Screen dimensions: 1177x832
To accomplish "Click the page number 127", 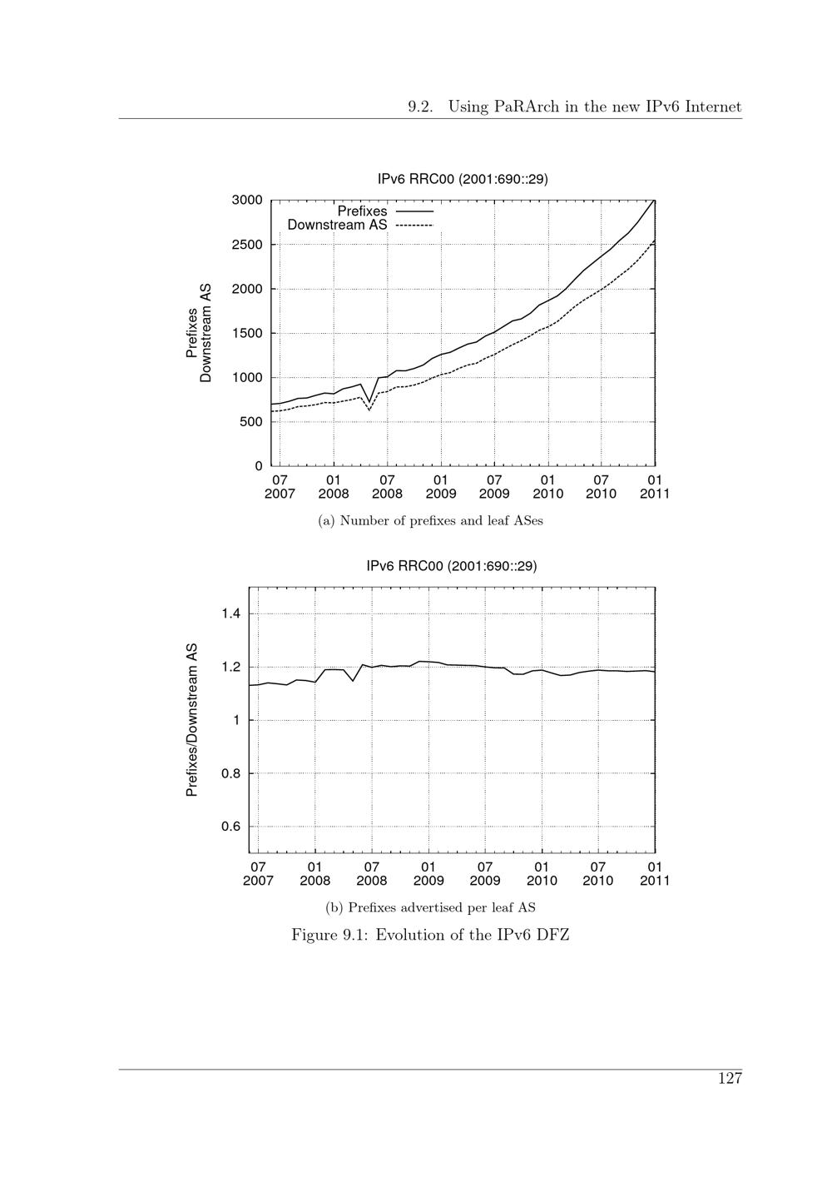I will tap(730, 1079).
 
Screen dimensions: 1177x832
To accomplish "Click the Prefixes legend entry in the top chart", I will tap(362, 211).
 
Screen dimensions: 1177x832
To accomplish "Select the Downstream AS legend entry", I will tap(337, 225).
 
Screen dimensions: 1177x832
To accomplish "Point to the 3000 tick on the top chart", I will tap(247, 200).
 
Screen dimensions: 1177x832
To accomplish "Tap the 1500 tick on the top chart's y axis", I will tap(247, 333).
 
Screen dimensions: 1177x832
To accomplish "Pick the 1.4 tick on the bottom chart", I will tap(230, 614).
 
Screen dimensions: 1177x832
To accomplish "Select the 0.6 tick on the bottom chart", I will tap(230, 827).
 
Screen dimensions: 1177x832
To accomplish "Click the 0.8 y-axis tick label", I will tap(230, 773).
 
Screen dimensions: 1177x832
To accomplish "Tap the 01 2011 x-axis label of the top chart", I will tap(655, 487).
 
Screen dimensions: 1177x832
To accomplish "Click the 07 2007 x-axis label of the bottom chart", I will tap(258, 874).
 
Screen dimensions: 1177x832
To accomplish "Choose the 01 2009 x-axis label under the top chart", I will tap(441, 487).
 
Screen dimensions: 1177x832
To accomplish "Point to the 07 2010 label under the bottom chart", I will tap(598, 874).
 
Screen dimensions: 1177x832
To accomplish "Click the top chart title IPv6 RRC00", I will tap(463, 179).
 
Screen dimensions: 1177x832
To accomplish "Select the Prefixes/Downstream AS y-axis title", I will tap(192, 720).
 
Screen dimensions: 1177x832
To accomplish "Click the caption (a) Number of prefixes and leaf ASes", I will tap(431, 521).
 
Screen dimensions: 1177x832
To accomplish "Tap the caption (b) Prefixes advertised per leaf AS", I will tap(430, 907).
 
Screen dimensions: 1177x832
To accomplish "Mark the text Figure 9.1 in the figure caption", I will tap(329, 935).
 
